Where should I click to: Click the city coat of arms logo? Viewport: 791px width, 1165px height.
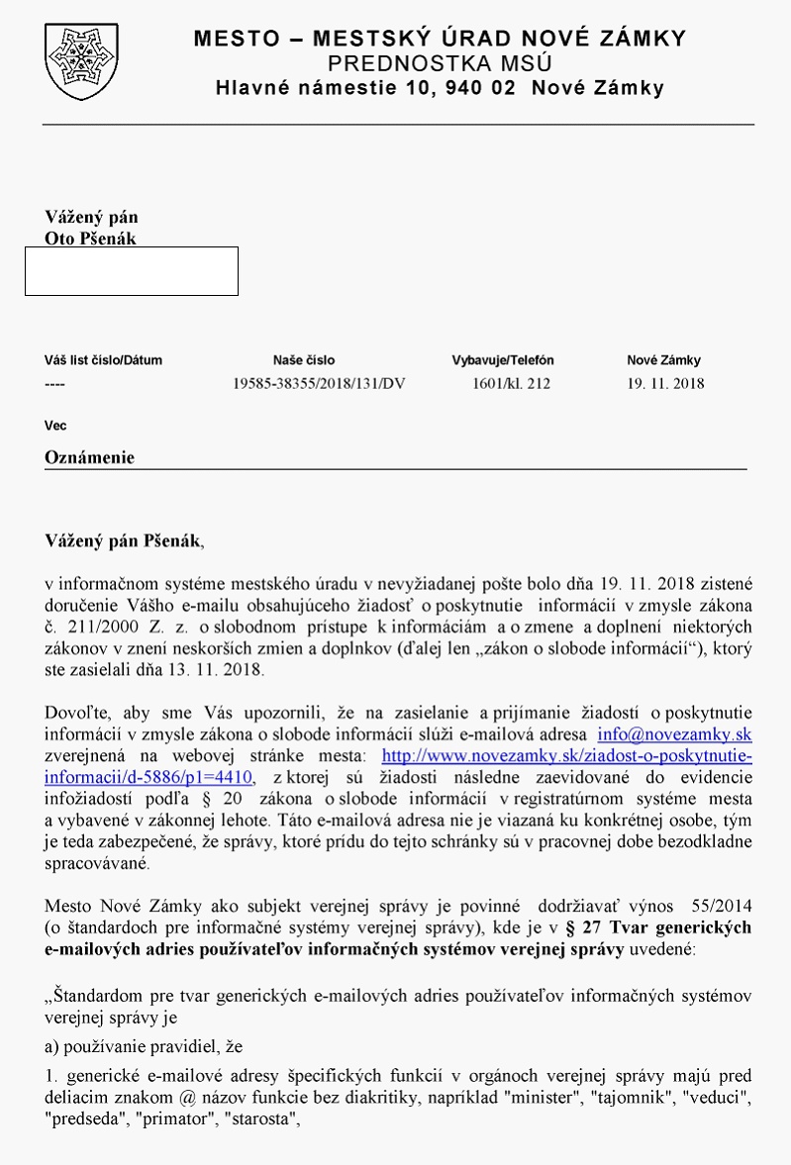[74, 61]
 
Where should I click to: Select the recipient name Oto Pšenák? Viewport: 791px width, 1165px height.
[91, 239]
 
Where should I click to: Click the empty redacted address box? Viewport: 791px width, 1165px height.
[131, 271]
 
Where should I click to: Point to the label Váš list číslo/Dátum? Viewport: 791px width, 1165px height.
[103, 360]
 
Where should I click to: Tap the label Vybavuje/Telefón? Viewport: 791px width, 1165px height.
[503, 360]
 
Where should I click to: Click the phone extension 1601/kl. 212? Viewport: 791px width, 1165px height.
[511, 384]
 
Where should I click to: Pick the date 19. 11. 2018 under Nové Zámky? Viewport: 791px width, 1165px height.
[666, 384]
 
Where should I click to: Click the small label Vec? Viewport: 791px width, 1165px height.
[55, 426]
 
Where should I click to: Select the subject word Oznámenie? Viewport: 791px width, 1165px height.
[89, 457]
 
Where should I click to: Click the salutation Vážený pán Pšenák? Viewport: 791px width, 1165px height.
[123, 540]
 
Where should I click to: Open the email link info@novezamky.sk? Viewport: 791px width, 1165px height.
[675, 734]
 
